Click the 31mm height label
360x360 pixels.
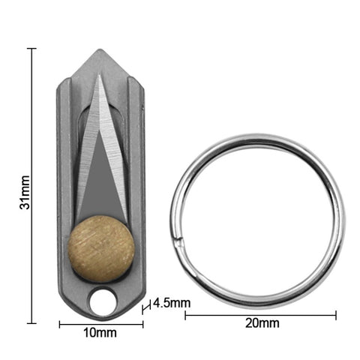25,192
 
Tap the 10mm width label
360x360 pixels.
100,333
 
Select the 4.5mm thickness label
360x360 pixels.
172,303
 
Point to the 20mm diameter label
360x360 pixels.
262,323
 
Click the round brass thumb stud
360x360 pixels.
101,250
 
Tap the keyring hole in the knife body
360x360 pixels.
103,302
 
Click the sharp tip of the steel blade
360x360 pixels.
99,75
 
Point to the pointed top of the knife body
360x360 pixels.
100,50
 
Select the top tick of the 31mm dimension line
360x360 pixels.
31,48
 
